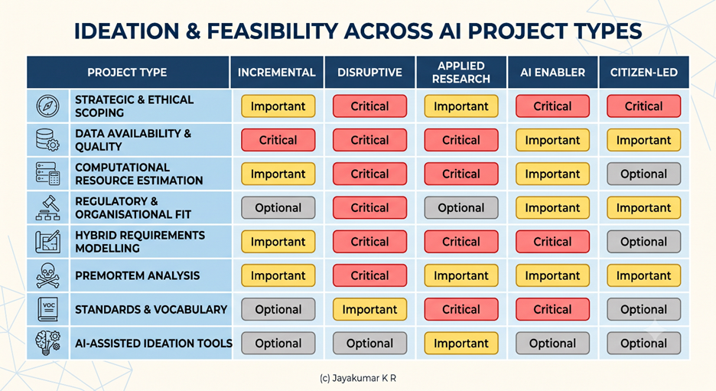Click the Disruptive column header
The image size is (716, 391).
tap(369, 72)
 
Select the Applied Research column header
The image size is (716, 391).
tap(461, 72)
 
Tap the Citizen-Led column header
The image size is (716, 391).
tap(644, 72)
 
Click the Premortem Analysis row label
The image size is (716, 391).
tap(138, 275)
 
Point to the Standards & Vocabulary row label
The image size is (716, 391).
tap(151, 309)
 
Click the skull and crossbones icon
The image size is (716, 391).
tap(47, 275)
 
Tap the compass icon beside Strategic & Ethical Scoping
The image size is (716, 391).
tap(47, 106)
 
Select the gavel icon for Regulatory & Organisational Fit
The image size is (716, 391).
tap(47, 208)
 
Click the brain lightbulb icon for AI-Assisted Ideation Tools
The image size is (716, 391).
tap(47, 343)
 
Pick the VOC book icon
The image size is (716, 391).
tap(48, 309)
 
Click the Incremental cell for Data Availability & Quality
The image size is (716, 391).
tap(278, 140)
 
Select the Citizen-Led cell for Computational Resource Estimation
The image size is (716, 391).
tap(644, 174)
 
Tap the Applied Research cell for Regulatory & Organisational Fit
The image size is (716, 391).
tap(461, 208)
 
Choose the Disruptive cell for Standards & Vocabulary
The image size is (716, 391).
tap(370, 309)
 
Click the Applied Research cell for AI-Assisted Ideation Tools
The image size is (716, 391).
tap(461, 343)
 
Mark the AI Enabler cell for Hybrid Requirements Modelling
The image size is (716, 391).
tap(552, 242)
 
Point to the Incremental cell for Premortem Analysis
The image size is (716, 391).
tap(278, 275)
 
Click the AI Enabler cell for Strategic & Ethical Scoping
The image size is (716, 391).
tap(552, 106)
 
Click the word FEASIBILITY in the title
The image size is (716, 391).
tap(272, 31)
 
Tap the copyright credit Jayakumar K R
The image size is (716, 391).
tap(358, 378)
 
